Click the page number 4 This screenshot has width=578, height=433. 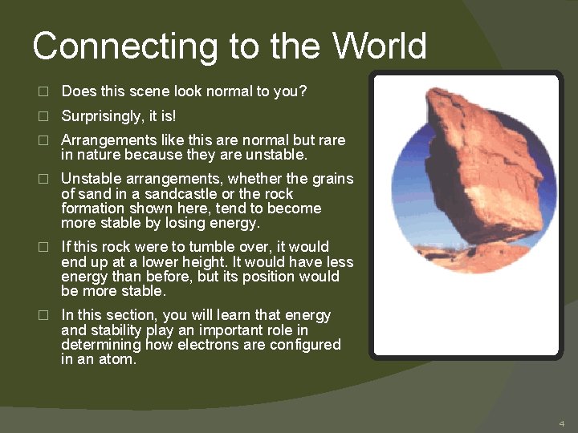point(562,423)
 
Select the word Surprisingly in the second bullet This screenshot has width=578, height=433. point(102,116)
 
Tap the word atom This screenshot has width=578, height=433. point(118,360)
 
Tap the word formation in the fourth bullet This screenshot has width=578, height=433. point(92,208)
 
